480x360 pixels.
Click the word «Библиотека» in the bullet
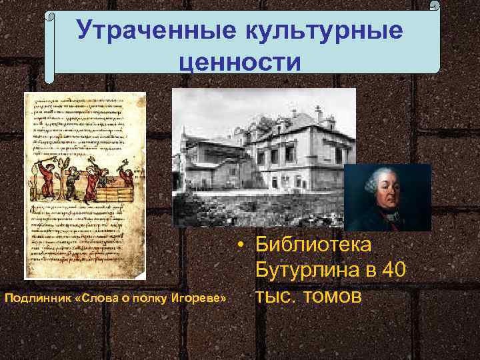313,245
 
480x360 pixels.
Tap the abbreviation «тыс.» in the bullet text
273,295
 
